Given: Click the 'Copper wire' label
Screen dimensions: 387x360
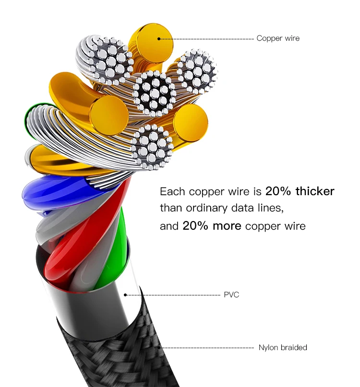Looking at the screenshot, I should tap(277, 38).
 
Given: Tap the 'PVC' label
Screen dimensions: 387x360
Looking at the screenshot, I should tap(231, 295).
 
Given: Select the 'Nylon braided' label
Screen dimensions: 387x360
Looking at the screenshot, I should tap(283, 348).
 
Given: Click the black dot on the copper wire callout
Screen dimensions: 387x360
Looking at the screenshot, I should tap(158, 38).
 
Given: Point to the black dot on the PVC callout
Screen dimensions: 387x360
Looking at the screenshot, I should tap(125, 295).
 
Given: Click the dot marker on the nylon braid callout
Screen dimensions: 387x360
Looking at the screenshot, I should tap(158, 347).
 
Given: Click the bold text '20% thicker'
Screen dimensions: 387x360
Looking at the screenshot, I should tap(300, 192).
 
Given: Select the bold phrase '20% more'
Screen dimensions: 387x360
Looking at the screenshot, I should tap(212, 226).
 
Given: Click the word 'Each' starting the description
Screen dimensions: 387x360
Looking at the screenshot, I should tap(172, 192).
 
